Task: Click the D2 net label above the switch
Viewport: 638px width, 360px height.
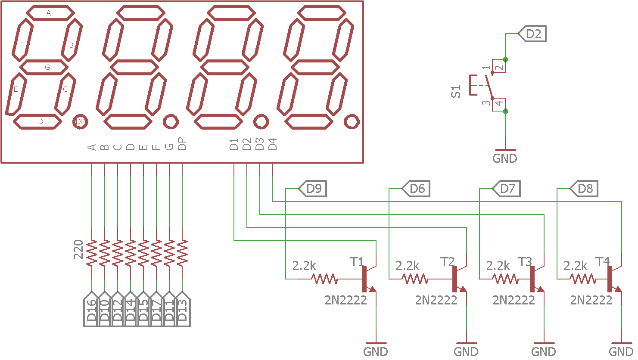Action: [x=532, y=34]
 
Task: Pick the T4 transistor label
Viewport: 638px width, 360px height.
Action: [x=603, y=261]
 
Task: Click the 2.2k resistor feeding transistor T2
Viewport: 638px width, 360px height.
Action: [x=414, y=279]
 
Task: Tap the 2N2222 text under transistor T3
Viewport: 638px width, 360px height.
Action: [x=514, y=300]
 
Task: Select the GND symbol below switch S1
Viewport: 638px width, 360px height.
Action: [x=505, y=158]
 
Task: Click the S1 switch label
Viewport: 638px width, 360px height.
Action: [x=456, y=91]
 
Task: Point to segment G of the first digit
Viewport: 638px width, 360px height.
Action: [x=44, y=67]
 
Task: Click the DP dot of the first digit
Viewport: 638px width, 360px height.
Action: [x=80, y=122]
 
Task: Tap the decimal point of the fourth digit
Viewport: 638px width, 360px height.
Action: [x=352, y=122]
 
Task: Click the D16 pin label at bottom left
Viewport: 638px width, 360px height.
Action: [x=91, y=310]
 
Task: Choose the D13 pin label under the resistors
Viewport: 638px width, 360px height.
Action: [x=182, y=310]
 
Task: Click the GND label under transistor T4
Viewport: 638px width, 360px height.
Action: [x=621, y=351]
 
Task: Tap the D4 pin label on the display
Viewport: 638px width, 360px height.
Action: [x=273, y=144]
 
